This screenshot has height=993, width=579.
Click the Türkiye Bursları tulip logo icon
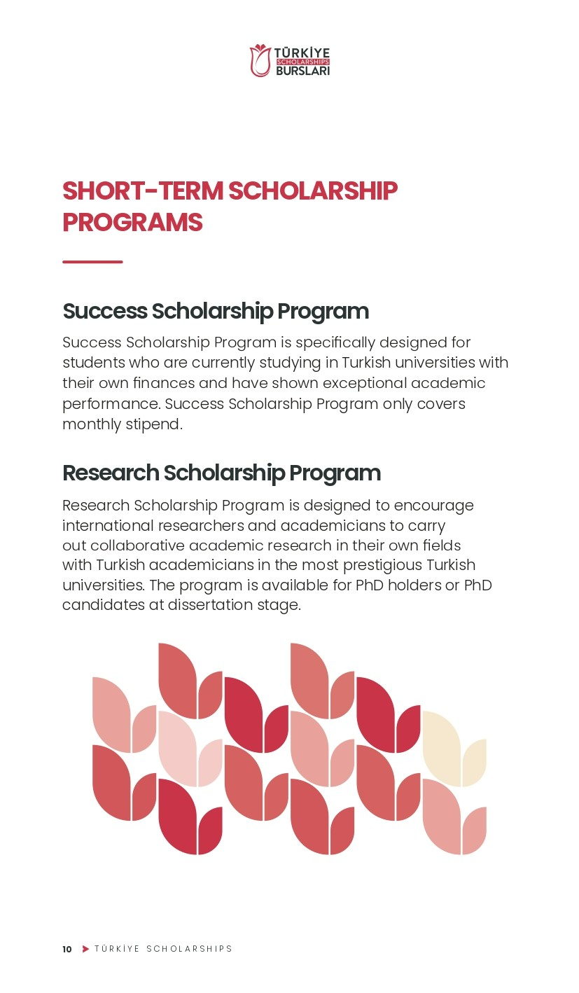click(x=260, y=61)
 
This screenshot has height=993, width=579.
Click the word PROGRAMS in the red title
click(x=132, y=223)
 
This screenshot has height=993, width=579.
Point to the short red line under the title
click(x=92, y=262)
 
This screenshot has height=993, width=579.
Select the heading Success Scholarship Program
click(x=216, y=311)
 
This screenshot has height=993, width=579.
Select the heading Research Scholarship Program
click(x=221, y=473)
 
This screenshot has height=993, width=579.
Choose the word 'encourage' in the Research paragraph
click(x=434, y=506)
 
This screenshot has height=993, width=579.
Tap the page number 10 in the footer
click(x=67, y=950)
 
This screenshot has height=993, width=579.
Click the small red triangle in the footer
click(x=85, y=949)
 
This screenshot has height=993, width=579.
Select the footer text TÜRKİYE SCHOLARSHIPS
click(x=163, y=949)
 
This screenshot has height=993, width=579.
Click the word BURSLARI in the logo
click(x=302, y=71)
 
